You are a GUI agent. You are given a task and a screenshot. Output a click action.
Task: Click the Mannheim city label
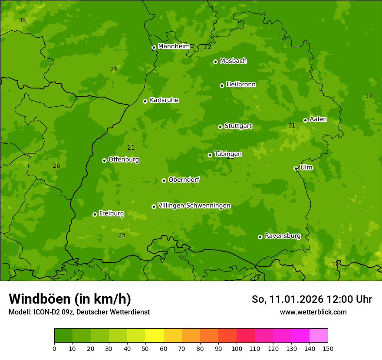click(x=174, y=46)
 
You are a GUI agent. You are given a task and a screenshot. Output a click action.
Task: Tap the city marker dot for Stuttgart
click(x=220, y=127)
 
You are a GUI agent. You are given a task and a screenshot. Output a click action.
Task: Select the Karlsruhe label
click(x=164, y=100)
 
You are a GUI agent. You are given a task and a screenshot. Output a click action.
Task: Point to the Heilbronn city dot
click(x=222, y=85)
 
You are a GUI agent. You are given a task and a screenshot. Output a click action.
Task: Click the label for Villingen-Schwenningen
click(x=194, y=206)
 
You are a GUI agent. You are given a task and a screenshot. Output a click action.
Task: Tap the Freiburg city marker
click(x=95, y=214)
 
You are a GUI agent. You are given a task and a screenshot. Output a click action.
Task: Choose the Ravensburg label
click(x=282, y=236)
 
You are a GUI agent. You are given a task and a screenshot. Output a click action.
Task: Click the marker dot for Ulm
click(x=296, y=168)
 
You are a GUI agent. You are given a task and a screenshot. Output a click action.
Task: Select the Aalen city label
click(x=318, y=119)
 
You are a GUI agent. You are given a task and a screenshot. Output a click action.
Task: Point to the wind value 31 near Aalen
click(x=292, y=126)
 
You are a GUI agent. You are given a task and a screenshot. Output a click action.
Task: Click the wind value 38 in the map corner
click(x=22, y=20)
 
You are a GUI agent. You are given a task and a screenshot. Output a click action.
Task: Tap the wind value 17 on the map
click(x=369, y=96)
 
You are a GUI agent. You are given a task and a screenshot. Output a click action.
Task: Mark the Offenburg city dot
click(x=104, y=160)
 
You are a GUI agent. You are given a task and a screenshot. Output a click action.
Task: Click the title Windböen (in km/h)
click(x=69, y=299)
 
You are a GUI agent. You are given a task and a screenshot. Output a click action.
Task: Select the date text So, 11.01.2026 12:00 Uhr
click(x=312, y=299)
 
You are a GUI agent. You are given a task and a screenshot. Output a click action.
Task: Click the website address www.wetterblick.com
click(x=313, y=312)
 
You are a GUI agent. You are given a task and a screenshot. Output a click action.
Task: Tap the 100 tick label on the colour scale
click(x=237, y=348)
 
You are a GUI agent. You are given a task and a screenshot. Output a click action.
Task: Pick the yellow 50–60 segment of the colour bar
click(x=155, y=336)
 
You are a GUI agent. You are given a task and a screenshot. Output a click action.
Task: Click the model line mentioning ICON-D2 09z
click(x=79, y=312)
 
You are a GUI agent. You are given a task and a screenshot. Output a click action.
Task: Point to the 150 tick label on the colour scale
click(x=327, y=348)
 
